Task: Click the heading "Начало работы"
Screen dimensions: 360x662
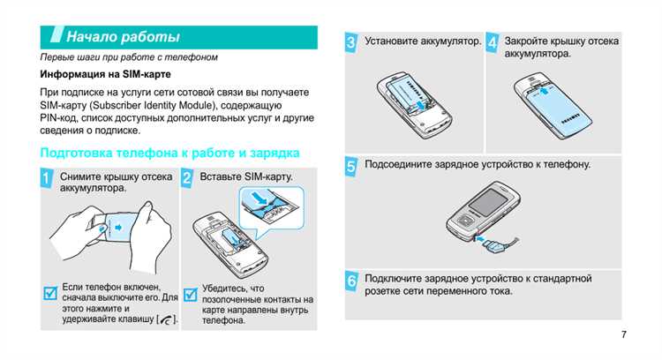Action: (124, 37)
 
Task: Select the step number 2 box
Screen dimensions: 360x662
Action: (187, 179)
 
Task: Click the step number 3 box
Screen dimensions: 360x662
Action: (351, 42)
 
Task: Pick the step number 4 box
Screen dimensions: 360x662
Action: (493, 42)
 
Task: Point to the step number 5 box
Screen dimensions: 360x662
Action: (351, 165)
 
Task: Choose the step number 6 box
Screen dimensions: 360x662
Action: (351, 281)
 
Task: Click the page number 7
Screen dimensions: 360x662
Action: (623, 334)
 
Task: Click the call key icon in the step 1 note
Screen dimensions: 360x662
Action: (165, 319)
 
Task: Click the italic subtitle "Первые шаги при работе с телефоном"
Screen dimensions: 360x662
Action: (129, 57)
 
